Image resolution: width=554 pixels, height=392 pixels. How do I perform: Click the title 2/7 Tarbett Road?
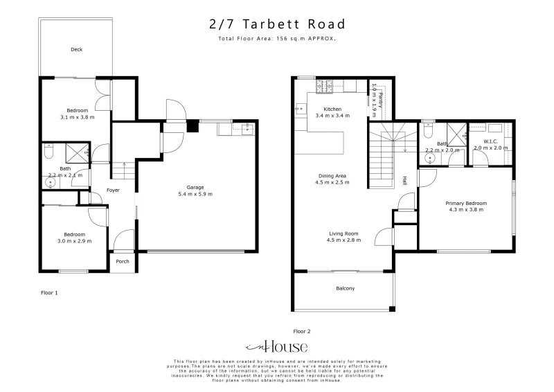[277, 24]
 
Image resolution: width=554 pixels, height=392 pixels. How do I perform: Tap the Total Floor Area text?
[277, 39]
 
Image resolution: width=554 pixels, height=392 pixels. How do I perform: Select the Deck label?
[77, 50]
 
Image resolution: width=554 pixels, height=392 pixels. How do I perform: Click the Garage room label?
[195, 187]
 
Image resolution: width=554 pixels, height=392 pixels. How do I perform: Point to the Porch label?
[123, 261]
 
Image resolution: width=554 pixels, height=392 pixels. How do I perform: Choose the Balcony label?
[345, 288]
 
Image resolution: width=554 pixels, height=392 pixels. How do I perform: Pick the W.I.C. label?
[491, 141]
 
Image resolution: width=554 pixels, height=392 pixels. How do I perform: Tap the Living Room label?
[342, 234]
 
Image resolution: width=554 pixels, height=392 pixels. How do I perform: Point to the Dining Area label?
[332, 176]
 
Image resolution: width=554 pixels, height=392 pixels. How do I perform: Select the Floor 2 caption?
[303, 331]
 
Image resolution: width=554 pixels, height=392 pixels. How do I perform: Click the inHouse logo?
[277, 347]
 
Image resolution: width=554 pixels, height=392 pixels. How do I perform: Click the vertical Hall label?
[404, 180]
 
